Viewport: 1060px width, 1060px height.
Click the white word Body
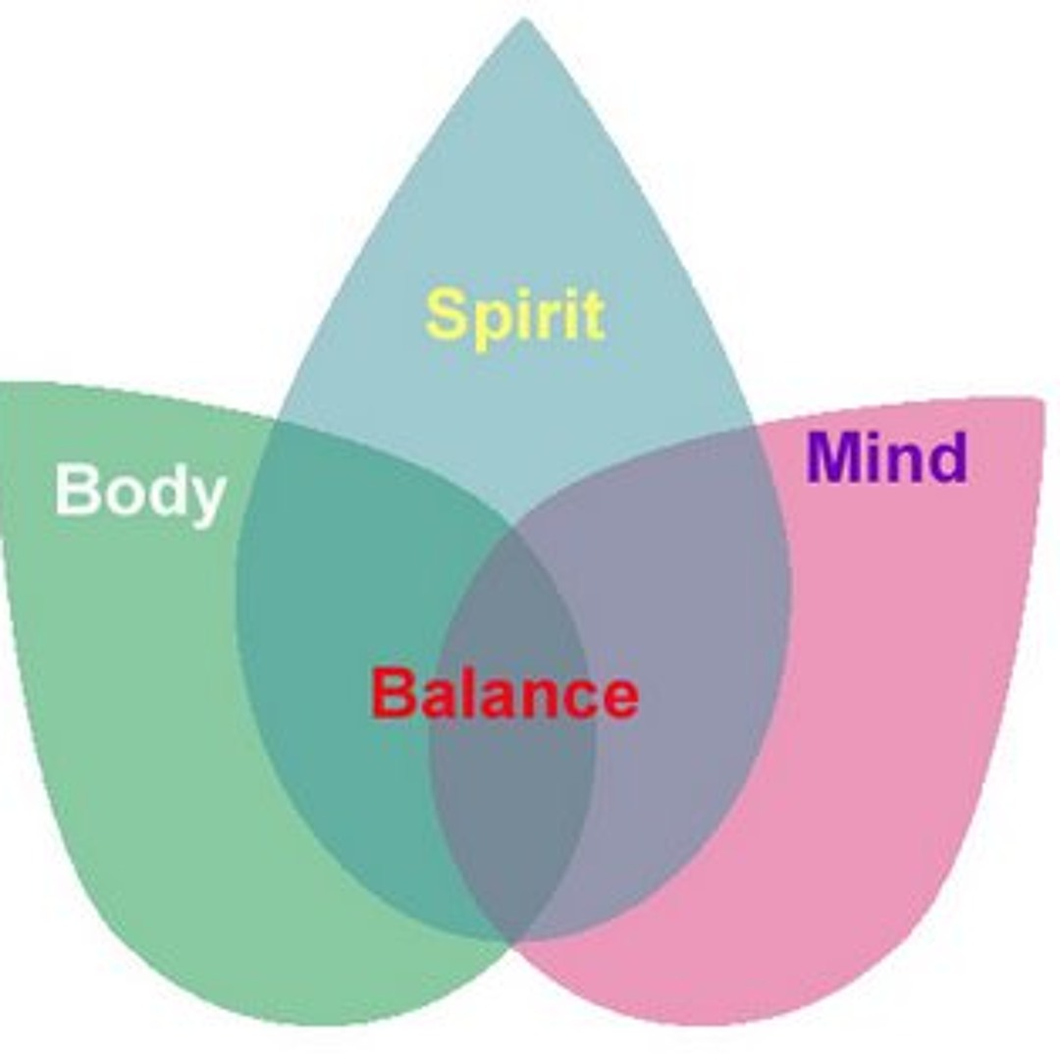tap(140, 490)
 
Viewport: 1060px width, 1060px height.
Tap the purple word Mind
tap(886, 457)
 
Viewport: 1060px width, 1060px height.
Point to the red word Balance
tap(504, 694)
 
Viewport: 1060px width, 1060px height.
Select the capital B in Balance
tap(394, 693)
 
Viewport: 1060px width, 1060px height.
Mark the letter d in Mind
tap(945, 457)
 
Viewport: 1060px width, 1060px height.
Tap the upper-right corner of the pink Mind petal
tap(1036, 400)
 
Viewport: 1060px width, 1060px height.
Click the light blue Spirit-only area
tap(520, 196)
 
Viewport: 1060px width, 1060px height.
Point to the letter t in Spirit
tap(591, 316)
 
